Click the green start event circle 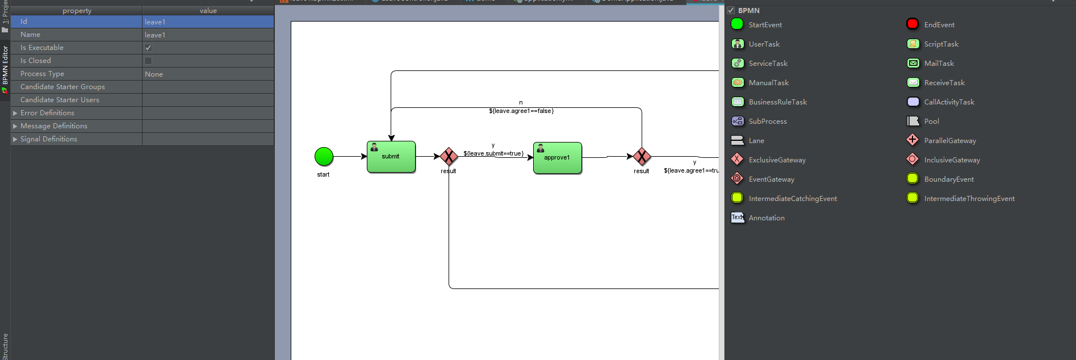coord(324,156)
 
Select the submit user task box coord(391,157)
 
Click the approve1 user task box coord(557,158)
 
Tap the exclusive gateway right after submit coord(449,156)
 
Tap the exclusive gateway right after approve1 coord(642,156)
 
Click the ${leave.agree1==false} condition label coord(521,111)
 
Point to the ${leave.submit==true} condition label coord(493,153)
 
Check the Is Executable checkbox coord(148,48)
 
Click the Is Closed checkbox coord(148,61)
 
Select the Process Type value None coord(154,74)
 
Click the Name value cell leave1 coord(155,35)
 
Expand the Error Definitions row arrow coord(15,113)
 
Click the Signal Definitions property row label coord(49,139)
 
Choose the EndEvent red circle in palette coord(912,24)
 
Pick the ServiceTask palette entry coord(768,64)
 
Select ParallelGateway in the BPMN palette coord(949,141)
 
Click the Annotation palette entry coord(766,218)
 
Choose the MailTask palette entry coord(939,64)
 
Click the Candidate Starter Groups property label coord(62,87)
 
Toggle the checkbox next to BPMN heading coord(731,10)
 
